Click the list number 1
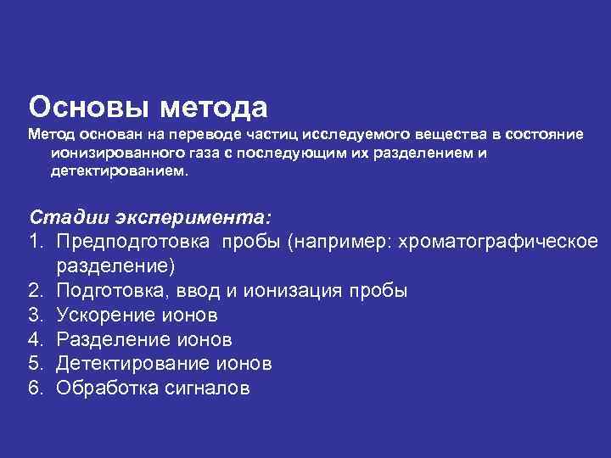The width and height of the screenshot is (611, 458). pyautogui.click(x=36, y=243)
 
